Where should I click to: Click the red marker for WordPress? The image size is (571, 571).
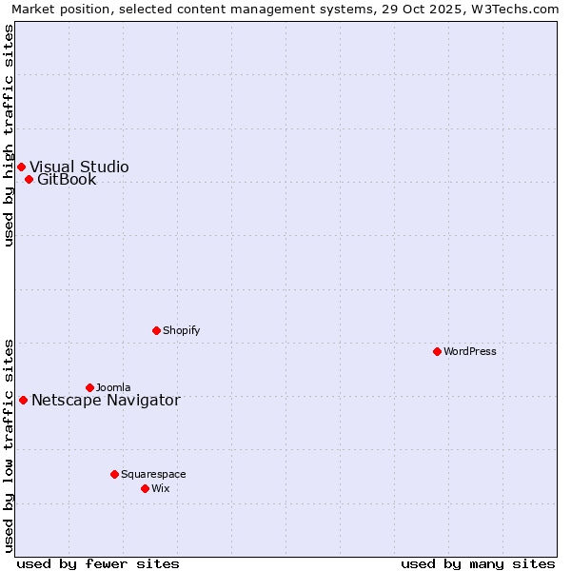click(x=437, y=351)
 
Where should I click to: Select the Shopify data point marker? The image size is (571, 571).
click(x=156, y=330)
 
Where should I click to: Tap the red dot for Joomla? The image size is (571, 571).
click(x=89, y=387)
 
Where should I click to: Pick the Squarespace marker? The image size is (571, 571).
click(x=114, y=474)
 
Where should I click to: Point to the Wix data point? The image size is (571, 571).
click(x=145, y=488)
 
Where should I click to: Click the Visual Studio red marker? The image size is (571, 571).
click(x=21, y=167)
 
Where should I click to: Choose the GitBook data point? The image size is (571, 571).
click(x=29, y=179)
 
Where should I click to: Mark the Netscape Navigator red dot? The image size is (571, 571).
click(x=23, y=400)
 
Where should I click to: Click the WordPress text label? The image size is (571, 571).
click(x=470, y=351)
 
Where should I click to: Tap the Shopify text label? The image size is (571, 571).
click(x=181, y=330)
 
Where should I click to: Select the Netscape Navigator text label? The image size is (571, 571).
click(x=106, y=400)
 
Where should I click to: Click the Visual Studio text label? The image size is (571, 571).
click(x=79, y=167)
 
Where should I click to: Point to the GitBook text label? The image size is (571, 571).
click(x=67, y=179)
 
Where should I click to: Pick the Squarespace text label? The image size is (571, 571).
click(x=153, y=474)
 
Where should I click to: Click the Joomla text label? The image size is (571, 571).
click(x=113, y=387)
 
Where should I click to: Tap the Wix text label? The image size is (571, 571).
click(x=160, y=488)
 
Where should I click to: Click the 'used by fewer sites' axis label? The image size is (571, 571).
click(x=98, y=563)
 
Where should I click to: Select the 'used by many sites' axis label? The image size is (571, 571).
click(x=478, y=563)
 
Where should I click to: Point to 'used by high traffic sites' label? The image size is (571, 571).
click(x=10, y=135)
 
